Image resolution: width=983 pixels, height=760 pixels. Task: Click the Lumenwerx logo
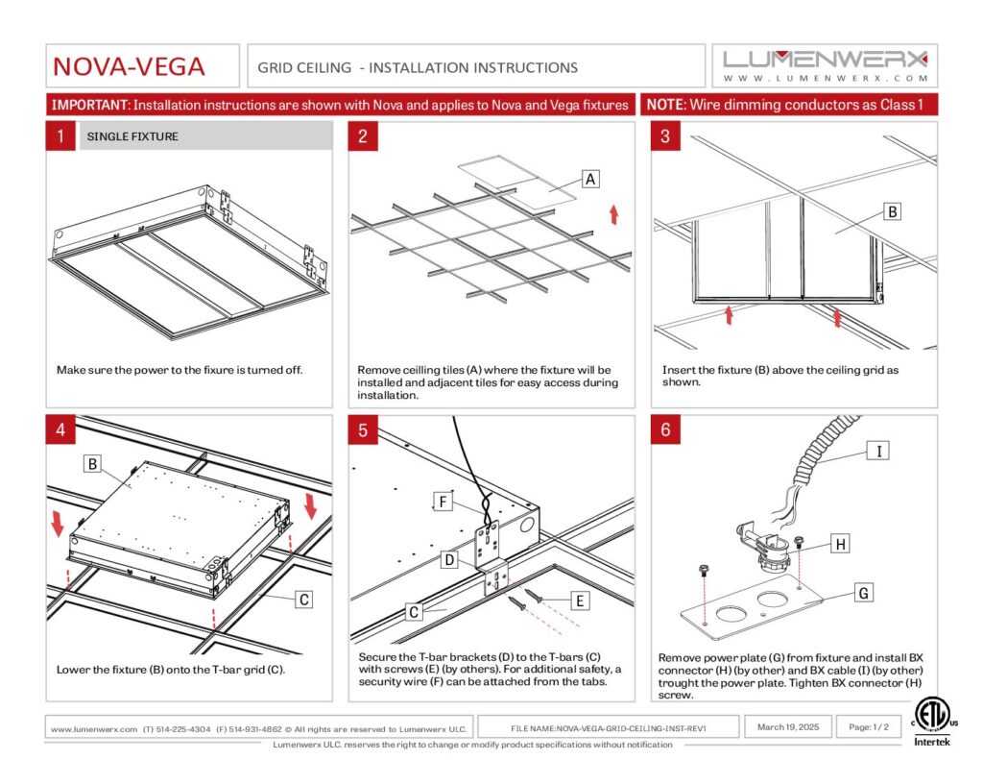[825, 64]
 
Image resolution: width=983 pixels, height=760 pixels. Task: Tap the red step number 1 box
[60, 136]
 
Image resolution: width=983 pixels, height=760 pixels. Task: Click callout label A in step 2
[590, 179]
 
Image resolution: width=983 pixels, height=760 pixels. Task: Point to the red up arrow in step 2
[613, 213]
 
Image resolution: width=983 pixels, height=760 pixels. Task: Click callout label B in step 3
[892, 211]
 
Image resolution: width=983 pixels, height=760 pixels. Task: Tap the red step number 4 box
[60, 429]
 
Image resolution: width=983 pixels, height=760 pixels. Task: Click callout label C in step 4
[303, 600]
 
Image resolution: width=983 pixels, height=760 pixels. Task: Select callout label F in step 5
[443, 502]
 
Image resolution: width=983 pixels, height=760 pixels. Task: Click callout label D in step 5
[449, 559]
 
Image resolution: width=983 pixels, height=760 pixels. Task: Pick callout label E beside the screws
[580, 601]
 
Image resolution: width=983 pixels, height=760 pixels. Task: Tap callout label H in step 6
[840, 545]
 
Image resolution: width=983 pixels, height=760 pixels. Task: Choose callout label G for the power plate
[864, 594]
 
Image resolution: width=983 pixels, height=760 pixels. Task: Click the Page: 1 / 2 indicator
[869, 727]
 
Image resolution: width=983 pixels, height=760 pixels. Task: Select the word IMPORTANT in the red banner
[90, 104]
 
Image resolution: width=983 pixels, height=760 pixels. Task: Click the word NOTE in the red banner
[665, 104]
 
